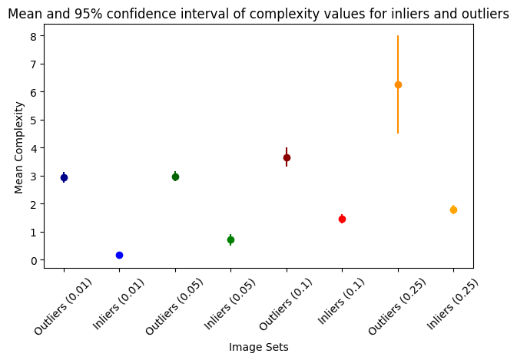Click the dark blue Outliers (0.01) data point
coord(64,177)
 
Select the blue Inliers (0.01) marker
coord(119,255)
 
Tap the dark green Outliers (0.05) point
coord(175,177)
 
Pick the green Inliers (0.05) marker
coord(230,239)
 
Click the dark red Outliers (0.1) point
coord(287,157)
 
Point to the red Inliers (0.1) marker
coord(342,219)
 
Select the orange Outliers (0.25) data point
coord(398,84)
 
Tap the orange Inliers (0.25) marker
coord(453,210)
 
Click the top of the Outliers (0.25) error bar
coord(398,36)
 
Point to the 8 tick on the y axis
coord(34,36)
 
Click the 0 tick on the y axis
coord(34,260)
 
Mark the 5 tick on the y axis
coord(34,120)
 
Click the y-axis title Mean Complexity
coord(19,148)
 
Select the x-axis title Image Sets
coord(258,347)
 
